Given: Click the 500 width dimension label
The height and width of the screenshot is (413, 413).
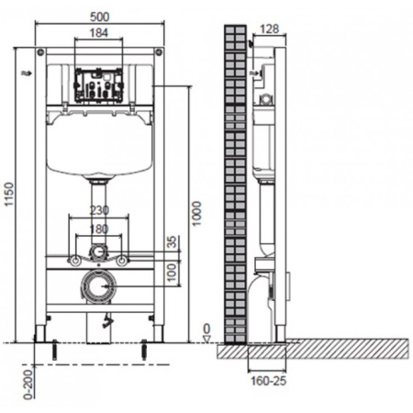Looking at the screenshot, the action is [x=100, y=17].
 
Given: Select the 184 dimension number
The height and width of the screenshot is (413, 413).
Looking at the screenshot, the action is [x=99, y=33].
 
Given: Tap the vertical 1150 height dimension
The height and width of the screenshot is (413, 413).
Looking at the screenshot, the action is [x=9, y=195].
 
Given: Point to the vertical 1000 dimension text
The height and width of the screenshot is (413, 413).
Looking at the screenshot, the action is [x=196, y=214].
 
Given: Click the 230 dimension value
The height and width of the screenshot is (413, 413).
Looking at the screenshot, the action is [x=99, y=210].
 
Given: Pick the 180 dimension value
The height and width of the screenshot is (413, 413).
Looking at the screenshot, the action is [x=99, y=229].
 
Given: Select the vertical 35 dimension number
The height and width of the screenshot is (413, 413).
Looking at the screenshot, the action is [x=173, y=241].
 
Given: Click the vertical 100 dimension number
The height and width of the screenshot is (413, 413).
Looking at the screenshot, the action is [x=173, y=273].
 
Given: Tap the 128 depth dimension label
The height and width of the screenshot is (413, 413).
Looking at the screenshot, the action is [x=270, y=29].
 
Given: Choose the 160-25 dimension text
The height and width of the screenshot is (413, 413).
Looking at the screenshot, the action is [x=269, y=381].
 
